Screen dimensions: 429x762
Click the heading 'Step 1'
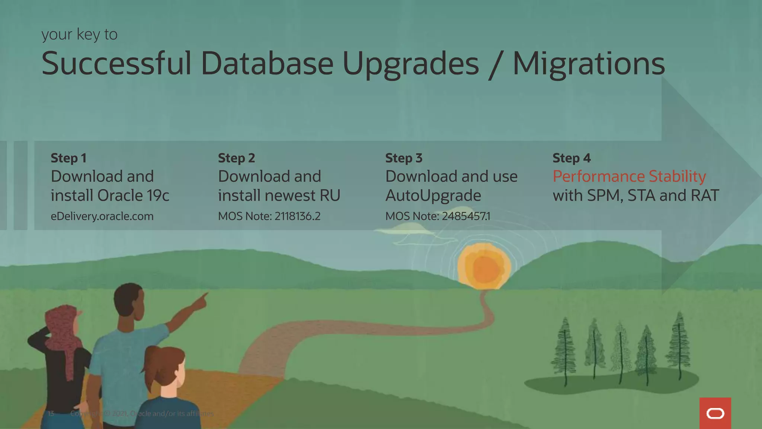click(68, 158)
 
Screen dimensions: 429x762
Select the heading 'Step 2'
click(236, 158)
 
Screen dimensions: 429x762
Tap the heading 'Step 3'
click(404, 158)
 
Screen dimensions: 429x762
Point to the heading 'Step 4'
click(571, 158)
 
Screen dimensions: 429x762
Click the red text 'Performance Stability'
click(629, 177)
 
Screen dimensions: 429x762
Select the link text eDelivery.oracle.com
click(102, 216)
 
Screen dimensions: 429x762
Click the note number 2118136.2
click(297, 216)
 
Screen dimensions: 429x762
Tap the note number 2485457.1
click(466, 216)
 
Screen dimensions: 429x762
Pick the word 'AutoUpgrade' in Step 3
click(433, 196)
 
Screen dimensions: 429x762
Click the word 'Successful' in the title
click(116, 63)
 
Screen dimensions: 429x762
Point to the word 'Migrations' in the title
click(589, 64)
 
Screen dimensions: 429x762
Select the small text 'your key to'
click(79, 35)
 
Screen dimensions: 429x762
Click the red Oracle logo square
click(715, 413)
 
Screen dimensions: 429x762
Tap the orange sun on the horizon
click(484, 267)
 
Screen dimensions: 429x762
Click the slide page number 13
click(51, 413)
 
